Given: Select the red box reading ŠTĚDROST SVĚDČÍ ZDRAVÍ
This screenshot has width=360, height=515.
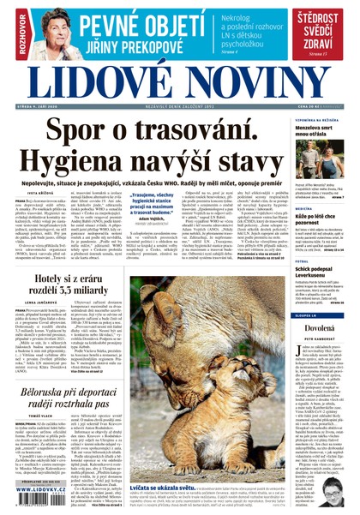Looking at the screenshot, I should [x=321, y=33].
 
